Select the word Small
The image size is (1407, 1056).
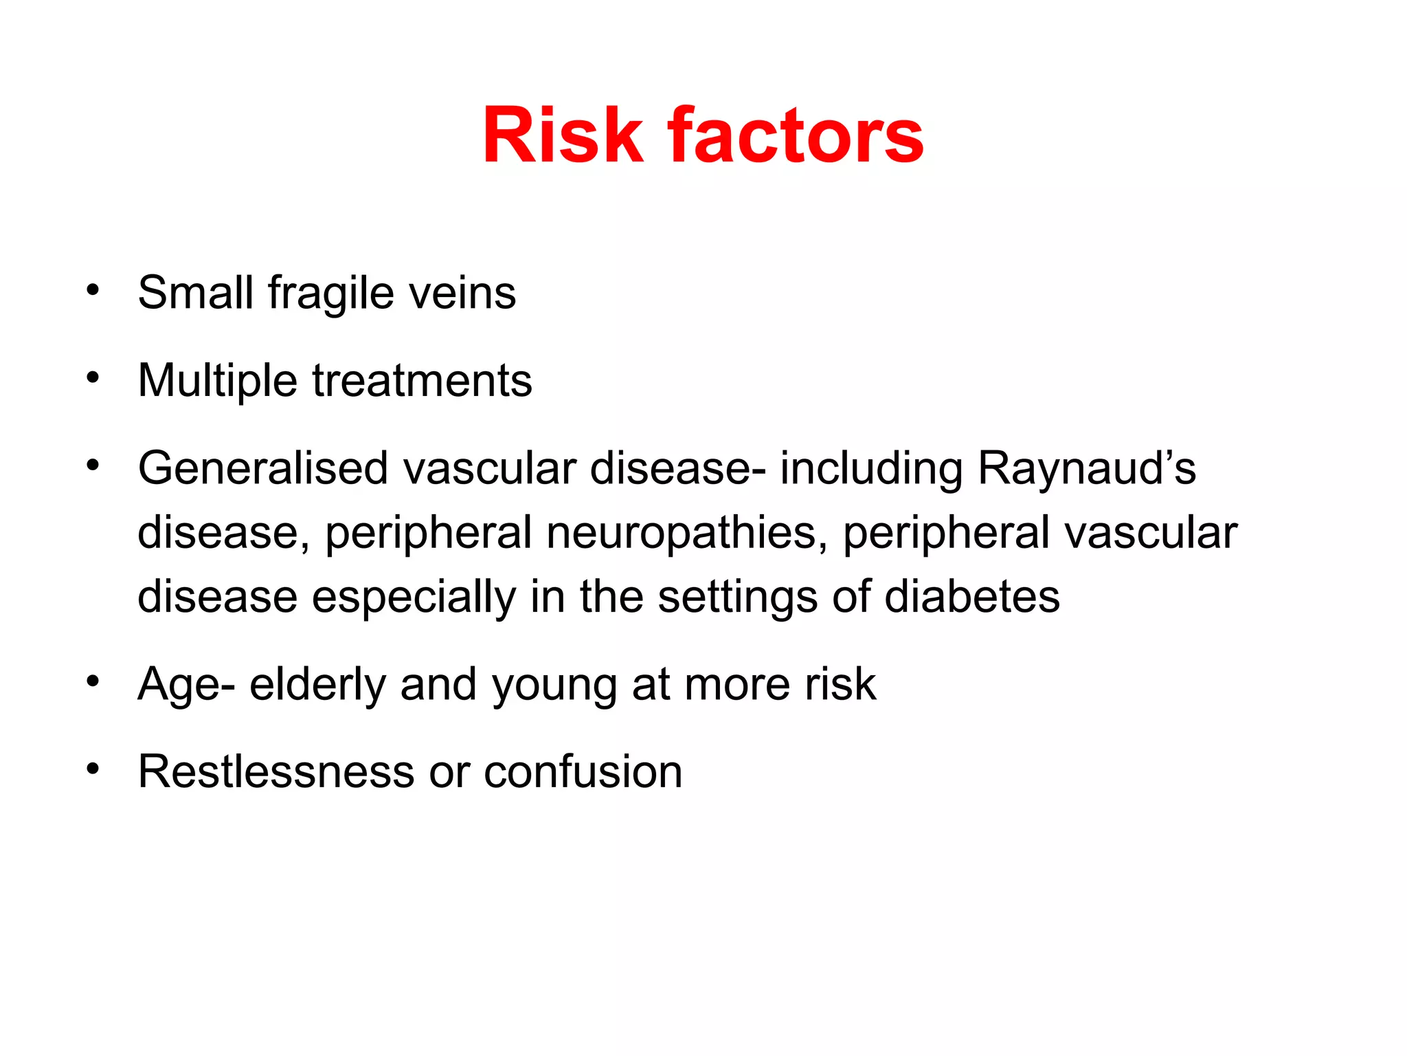coord(196,293)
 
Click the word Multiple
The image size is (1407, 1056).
coord(218,381)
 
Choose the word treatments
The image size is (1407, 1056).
coord(422,381)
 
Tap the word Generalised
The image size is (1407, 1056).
coord(263,468)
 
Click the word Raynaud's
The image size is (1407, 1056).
coord(1086,468)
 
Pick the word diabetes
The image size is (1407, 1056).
coord(972,596)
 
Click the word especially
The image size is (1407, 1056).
coord(414,597)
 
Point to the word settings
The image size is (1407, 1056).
coord(738,597)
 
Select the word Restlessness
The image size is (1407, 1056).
coord(276,771)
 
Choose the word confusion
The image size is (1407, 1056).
coord(583,771)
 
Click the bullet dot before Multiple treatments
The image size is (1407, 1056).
coord(93,377)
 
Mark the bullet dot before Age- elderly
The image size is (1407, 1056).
coord(93,681)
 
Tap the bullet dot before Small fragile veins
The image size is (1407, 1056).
coord(93,289)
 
